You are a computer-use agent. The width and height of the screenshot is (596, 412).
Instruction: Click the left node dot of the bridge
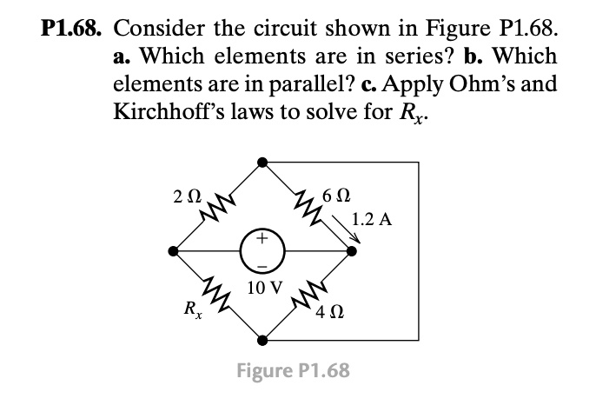pyautogui.click(x=174, y=250)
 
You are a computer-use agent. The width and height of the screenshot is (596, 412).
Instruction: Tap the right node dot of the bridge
pyautogui.click(x=351, y=250)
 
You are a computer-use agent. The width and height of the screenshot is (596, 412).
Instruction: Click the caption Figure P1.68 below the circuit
pyautogui.click(x=295, y=371)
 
